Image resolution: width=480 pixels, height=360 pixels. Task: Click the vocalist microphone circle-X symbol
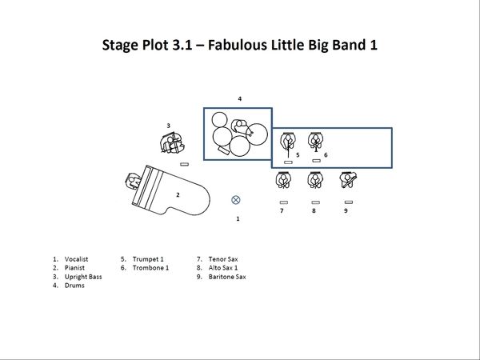pos(235,200)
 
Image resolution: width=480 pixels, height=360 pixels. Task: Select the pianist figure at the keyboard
pos(133,182)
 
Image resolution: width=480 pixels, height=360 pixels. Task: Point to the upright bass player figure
pos(172,143)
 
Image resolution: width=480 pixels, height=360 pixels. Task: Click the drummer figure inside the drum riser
pos(239,126)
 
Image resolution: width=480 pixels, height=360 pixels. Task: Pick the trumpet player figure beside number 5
pos(288,142)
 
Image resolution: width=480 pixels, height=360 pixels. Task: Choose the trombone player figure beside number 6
pos(316,142)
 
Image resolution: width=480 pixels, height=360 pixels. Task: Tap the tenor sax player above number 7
pos(283,180)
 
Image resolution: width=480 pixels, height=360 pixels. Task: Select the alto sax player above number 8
pos(315,180)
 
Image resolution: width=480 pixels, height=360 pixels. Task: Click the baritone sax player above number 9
pos(348,180)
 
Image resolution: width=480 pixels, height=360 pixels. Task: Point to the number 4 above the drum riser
pos(240,98)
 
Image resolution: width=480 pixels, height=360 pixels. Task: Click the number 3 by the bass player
pos(168,126)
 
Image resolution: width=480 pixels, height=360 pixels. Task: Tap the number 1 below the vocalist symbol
pos(238,218)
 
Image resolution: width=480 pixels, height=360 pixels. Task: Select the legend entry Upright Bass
pos(83,277)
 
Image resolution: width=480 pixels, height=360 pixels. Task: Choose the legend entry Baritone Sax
pos(227,277)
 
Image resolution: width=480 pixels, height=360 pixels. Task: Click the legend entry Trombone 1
pos(150,268)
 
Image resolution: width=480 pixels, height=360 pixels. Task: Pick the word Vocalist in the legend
pos(76,259)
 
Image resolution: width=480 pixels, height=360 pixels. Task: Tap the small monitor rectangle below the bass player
pos(184,164)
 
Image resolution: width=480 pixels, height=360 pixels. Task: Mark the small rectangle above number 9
pos(349,202)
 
